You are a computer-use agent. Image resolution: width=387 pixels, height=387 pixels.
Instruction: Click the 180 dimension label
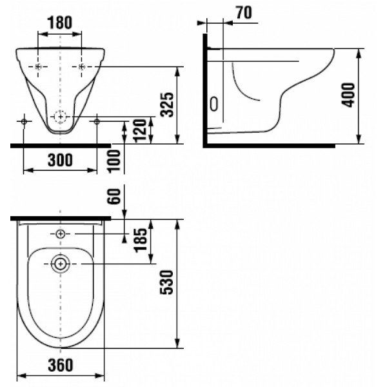click(x=60, y=23)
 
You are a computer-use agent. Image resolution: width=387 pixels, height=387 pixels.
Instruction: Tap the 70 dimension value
click(x=244, y=13)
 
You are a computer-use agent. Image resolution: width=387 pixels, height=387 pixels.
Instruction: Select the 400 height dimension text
click(x=348, y=95)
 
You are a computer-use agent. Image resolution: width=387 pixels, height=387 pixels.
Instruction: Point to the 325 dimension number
click(x=167, y=104)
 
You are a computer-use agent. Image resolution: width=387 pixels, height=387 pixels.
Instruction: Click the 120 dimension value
click(x=140, y=131)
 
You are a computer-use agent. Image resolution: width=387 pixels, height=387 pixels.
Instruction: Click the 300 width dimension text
click(x=60, y=160)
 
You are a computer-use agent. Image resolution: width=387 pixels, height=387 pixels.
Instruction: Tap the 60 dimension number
click(x=114, y=196)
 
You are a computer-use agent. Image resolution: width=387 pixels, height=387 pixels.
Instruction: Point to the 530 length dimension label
click(x=167, y=283)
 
